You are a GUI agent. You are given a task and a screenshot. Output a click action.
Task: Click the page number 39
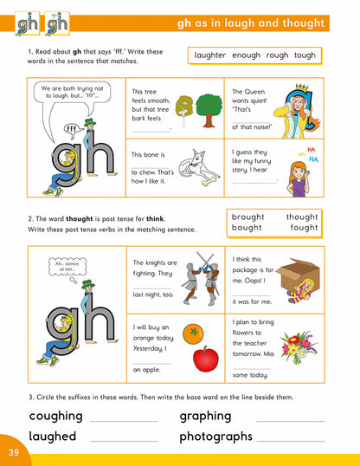tap(13, 451)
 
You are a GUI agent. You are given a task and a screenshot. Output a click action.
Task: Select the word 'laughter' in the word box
tap(212, 55)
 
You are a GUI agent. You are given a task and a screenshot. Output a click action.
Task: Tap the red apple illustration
tap(205, 357)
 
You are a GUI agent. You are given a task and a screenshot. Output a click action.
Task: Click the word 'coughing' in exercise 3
tap(56, 416)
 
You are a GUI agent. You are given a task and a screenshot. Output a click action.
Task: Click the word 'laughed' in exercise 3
tap(53, 436)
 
